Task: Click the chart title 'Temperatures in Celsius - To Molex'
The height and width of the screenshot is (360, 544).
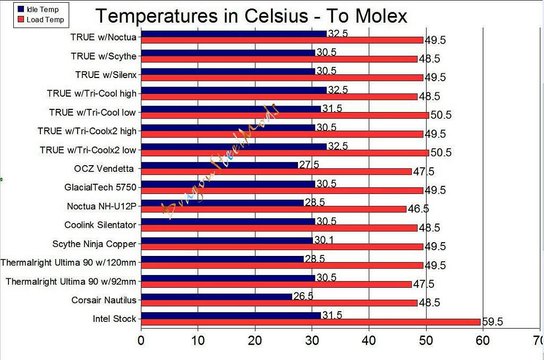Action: point(251,16)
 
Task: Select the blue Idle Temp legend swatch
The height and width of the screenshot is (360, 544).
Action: point(21,10)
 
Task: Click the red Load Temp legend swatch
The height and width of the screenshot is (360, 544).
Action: point(21,20)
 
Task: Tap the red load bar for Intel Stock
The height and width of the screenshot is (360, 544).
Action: point(311,322)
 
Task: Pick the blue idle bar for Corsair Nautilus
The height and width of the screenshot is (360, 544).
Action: point(217,296)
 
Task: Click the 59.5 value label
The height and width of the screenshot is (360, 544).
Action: point(492,322)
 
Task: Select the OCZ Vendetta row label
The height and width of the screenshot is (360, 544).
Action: point(105,169)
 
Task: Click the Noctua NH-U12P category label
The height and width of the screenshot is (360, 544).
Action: point(101,206)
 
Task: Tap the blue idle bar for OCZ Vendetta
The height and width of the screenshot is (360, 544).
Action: point(219,165)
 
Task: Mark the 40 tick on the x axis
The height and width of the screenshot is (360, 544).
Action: point(369,340)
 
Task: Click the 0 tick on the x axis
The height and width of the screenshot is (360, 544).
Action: point(141,340)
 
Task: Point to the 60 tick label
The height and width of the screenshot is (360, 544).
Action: point(482,340)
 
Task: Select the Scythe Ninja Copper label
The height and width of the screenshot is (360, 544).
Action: point(95,244)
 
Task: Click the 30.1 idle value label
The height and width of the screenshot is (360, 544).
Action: point(324,241)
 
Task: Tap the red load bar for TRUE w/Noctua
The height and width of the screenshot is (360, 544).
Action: point(282,40)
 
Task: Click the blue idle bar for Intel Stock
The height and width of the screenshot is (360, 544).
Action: point(231,315)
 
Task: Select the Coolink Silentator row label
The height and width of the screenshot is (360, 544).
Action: point(100,225)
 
